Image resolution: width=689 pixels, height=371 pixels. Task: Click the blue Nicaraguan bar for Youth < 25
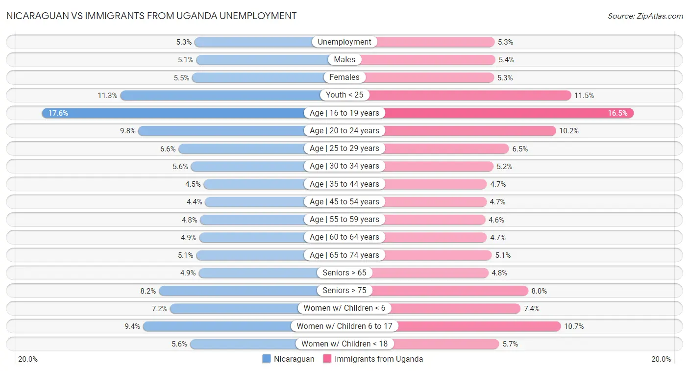tap(221, 95)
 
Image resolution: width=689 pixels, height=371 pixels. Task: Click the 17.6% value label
tap(58, 113)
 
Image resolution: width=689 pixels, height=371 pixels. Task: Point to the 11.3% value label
tap(107, 96)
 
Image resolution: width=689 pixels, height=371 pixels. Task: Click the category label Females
tap(344, 77)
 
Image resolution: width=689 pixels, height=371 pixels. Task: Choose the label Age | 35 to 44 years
tap(344, 184)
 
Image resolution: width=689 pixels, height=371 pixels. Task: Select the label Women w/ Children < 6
tap(344, 308)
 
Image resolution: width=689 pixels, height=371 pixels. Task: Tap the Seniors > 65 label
tap(344, 273)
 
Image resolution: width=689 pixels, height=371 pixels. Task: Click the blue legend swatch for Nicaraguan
tap(267, 359)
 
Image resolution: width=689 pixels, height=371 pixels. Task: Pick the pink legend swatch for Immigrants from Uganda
tap(327, 359)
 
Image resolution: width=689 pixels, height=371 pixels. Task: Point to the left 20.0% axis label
tap(28, 359)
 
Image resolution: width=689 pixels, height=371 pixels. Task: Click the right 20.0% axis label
tap(661, 359)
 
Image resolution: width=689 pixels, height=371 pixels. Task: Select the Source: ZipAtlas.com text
tap(645, 16)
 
